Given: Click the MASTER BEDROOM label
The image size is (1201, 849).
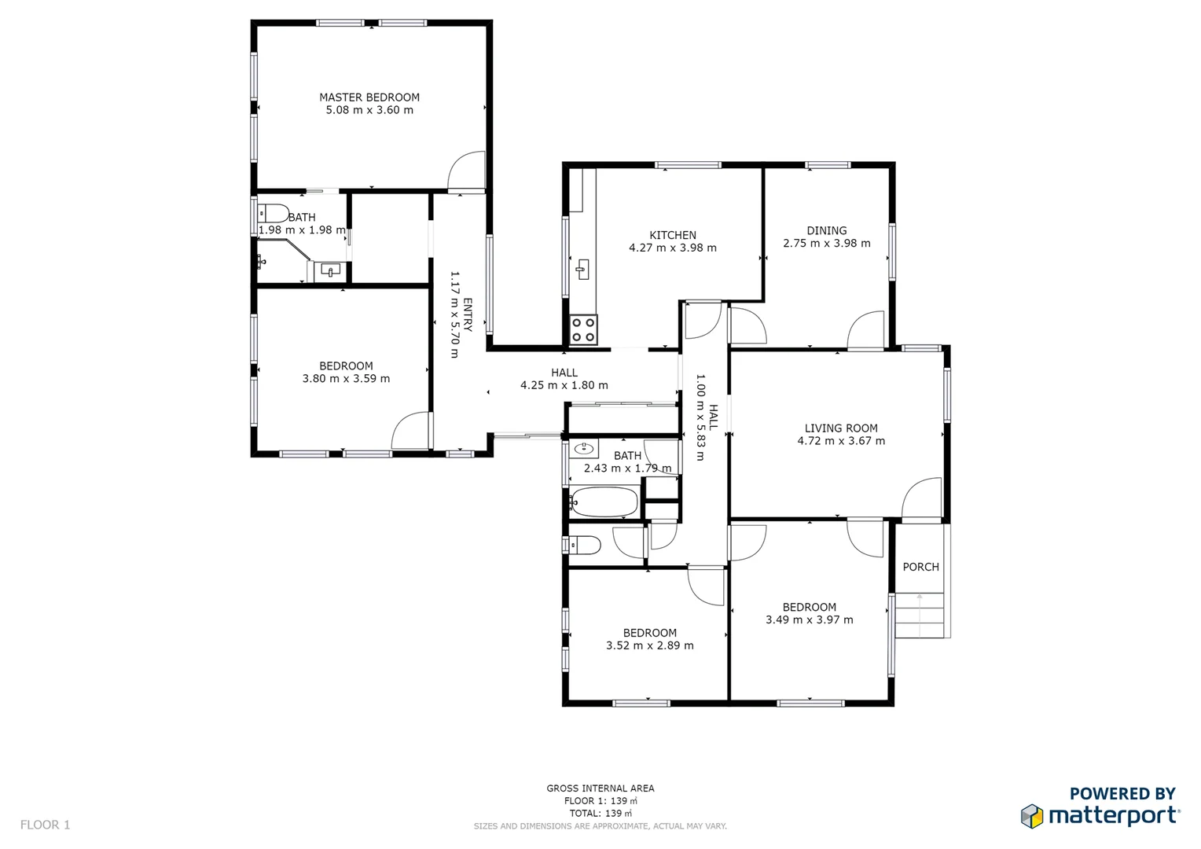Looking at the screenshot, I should [x=369, y=97].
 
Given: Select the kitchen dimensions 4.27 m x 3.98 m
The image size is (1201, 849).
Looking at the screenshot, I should [x=672, y=248].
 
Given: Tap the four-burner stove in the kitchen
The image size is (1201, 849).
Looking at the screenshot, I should [x=583, y=330].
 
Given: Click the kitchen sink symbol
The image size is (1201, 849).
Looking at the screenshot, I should [x=582, y=269].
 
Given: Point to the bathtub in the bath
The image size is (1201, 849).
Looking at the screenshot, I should [x=604, y=502].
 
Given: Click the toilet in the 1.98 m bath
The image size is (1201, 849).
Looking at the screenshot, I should [x=274, y=213].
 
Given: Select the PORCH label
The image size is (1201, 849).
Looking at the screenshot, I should [x=920, y=567].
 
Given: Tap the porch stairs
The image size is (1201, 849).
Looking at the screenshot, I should [x=920, y=615].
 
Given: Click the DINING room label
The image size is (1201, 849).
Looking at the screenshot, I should [x=826, y=230].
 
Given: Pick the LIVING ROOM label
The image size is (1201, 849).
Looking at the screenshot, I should [x=840, y=428].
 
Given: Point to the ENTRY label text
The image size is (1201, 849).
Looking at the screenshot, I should [x=468, y=314].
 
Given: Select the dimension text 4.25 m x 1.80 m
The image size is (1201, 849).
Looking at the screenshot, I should [x=564, y=385].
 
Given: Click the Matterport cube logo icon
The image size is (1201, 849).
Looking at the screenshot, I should [x=1031, y=816].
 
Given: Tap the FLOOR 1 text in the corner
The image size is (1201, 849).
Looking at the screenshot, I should [x=45, y=825].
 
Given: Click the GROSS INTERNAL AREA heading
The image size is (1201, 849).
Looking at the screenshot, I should [x=600, y=788].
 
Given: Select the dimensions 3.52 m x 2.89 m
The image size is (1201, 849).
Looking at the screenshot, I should [x=649, y=645].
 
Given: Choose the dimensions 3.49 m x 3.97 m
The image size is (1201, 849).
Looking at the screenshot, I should [x=809, y=619].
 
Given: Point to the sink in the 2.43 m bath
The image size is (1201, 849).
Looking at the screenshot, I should [x=583, y=449].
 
